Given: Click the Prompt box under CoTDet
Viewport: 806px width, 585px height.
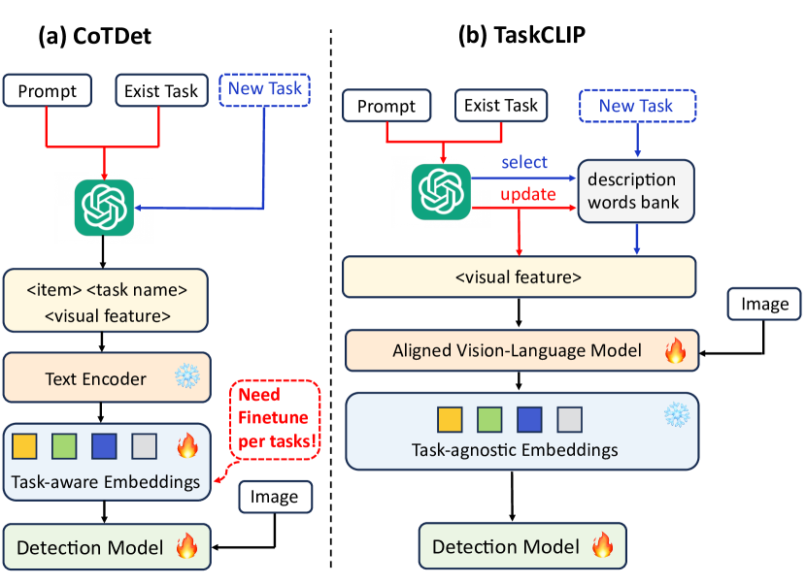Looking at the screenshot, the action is tap(48, 91).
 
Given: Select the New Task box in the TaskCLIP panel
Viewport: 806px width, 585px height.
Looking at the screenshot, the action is tap(637, 106).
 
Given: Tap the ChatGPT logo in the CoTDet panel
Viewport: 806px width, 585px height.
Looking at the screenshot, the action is tap(104, 208).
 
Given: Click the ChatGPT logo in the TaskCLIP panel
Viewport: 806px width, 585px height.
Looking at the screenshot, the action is tap(441, 191).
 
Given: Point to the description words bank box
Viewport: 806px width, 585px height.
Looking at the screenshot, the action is tap(636, 191).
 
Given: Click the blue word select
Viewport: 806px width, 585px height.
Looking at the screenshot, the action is tap(524, 162).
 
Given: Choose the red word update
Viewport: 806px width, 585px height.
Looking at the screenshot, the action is tap(528, 194).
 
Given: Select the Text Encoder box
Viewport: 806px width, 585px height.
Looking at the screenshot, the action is tap(107, 377).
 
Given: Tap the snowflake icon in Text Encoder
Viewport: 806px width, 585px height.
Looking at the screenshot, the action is tap(187, 376).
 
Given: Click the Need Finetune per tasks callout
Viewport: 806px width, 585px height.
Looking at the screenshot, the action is tap(275, 419).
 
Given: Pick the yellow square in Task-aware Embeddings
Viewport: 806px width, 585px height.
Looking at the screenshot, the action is tap(24, 446).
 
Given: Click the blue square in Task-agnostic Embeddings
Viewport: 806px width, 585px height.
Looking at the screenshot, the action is tap(529, 419).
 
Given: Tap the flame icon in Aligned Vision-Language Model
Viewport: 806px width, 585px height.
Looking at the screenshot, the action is tap(675, 350).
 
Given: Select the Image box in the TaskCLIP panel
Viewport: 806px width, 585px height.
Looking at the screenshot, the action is tap(764, 304).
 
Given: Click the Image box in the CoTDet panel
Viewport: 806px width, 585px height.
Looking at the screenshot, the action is tap(276, 497).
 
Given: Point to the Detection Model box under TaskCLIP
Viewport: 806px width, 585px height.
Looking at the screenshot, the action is tap(522, 546).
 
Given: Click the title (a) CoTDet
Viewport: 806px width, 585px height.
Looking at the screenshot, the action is tap(94, 36).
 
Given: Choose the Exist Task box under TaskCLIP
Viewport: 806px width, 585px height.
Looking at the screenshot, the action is tap(501, 106).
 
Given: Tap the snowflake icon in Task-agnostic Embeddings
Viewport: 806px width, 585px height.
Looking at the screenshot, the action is tap(677, 414).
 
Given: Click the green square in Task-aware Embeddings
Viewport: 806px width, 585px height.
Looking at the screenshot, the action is tap(64, 446).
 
